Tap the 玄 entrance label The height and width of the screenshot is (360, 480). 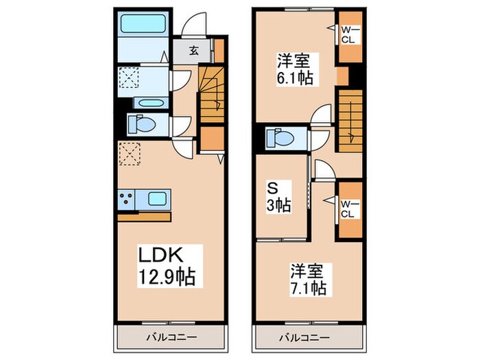click(x=194, y=50)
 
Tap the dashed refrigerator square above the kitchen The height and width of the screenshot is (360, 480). click(x=129, y=153)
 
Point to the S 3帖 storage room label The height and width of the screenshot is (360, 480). click(x=280, y=195)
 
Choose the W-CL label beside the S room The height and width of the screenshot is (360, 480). click(x=349, y=207)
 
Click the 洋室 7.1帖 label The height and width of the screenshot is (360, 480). click(x=307, y=278)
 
